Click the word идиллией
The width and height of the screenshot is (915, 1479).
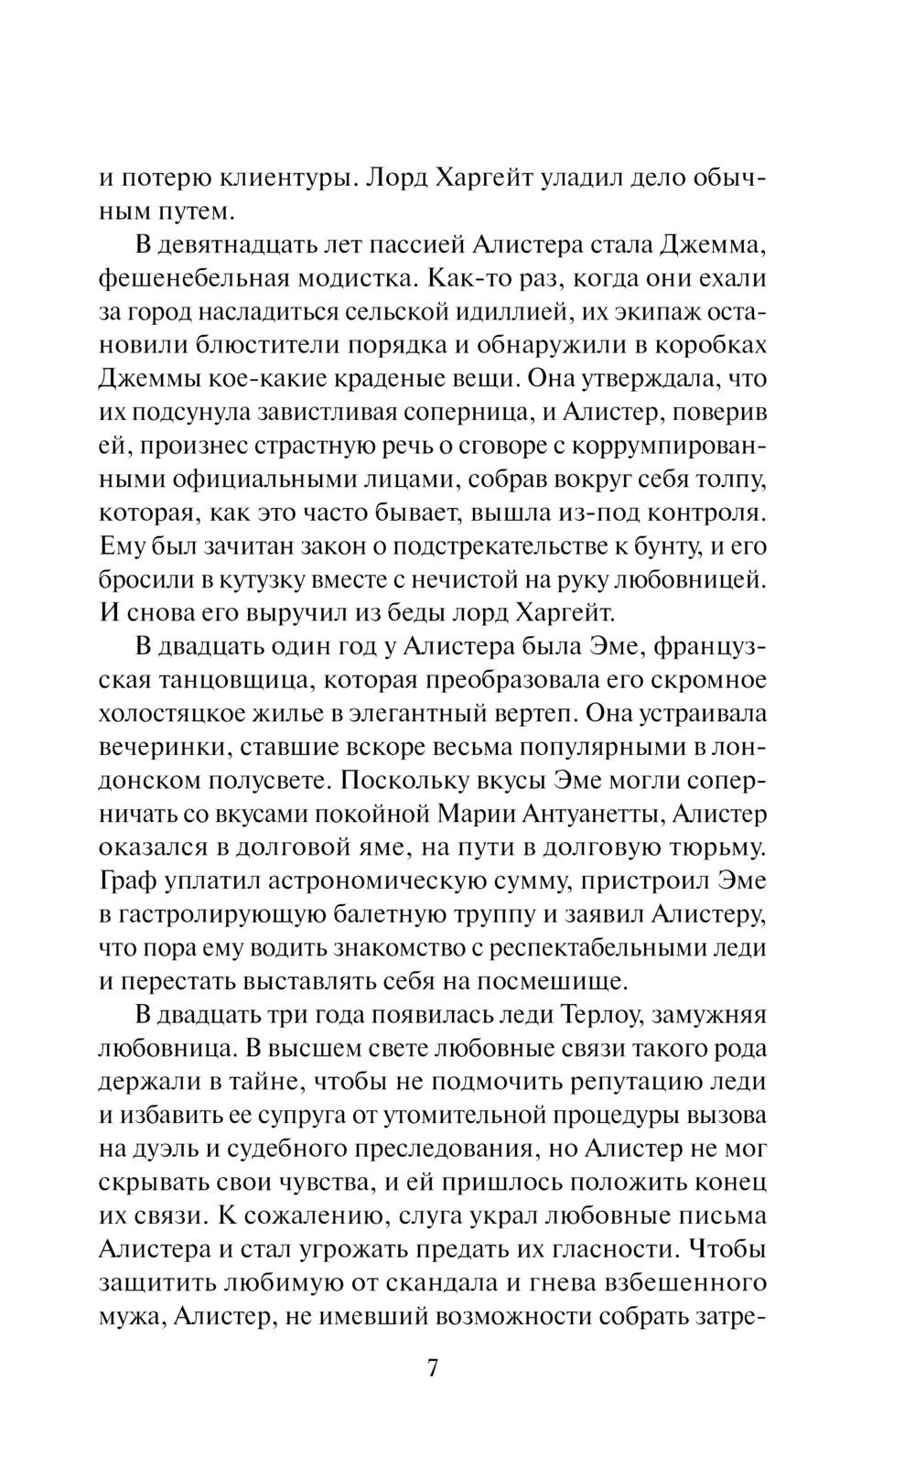coord(487,313)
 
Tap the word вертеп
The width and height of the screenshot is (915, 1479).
coord(526,714)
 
